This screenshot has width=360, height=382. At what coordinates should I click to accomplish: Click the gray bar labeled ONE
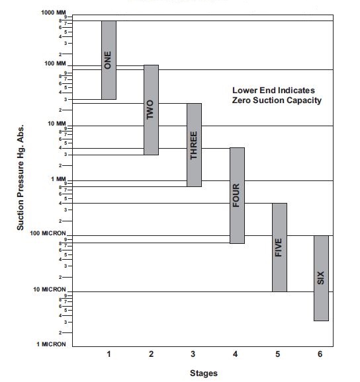(x=109, y=60)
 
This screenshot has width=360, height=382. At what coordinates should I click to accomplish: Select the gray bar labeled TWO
(x=152, y=110)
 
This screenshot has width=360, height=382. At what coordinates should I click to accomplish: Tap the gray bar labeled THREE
(x=194, y=145)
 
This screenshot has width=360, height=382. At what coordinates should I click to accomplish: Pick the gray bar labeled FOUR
(x=237, y=196)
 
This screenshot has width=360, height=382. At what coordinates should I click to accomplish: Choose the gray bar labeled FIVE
(x=279, y=247)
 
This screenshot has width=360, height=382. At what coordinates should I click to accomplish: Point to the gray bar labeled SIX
(x=321, y=278)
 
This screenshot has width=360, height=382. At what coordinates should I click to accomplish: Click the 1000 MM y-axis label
(x=54, y=13)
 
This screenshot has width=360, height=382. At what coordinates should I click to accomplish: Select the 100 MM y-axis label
(x=55, y=63)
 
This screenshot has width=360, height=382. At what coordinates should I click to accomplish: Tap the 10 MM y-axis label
(x=57, y=124)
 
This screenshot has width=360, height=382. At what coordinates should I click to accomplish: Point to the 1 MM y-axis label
(x=58, y=179)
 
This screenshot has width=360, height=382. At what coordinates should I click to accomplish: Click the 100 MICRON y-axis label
(x=48, y=233)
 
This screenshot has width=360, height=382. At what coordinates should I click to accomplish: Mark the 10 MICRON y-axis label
(x=50, y=289)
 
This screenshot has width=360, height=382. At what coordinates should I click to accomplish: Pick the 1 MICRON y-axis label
(x=51, y=344)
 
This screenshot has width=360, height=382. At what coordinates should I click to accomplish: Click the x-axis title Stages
(x=204, y=373)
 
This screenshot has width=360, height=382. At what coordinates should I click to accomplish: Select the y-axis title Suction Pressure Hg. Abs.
(x=21, y=177)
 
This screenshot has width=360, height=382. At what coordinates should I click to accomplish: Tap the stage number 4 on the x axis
(x=235, y=354)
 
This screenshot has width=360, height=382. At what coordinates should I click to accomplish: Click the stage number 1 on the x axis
(x=109, y=354)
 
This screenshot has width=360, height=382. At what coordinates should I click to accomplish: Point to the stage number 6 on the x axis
(x=320, y=354)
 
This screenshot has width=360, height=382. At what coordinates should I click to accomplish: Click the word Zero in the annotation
(x=242, y=100)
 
